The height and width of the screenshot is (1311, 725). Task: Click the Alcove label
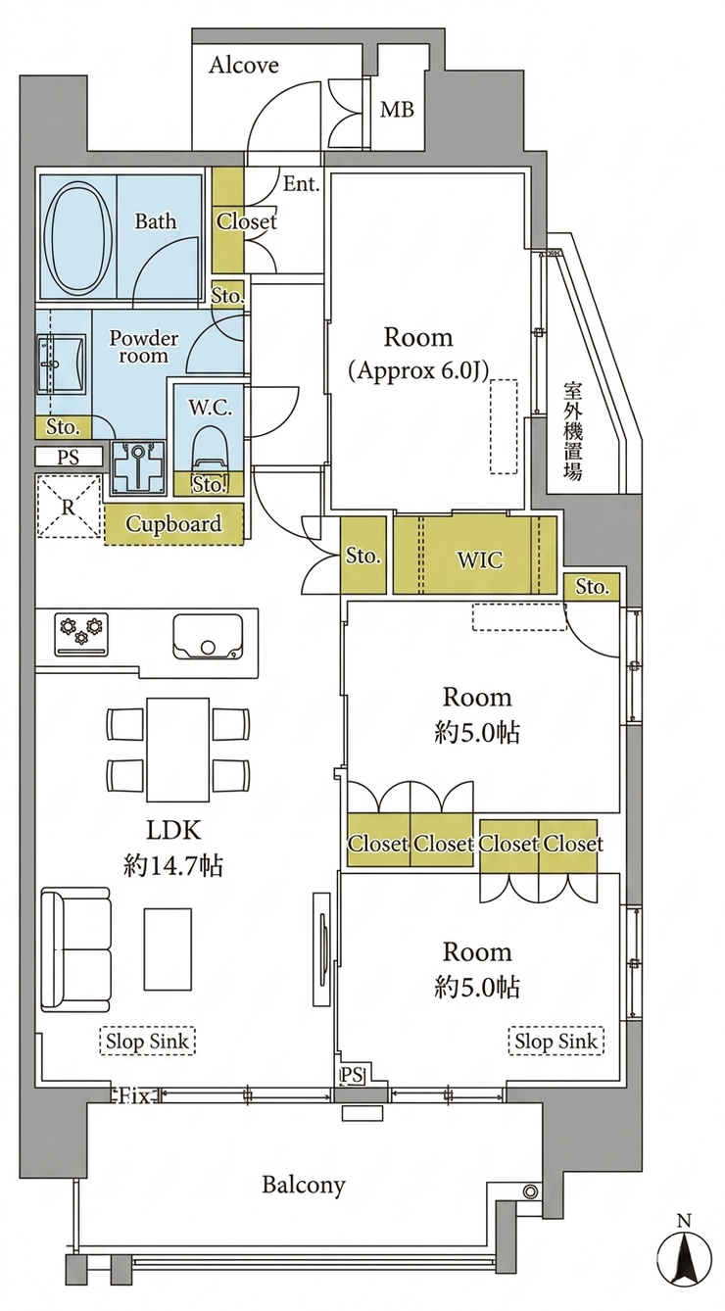(243, 65)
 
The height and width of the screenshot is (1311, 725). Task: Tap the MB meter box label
(397, 110)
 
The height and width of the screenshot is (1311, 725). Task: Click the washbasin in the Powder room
(61, 363)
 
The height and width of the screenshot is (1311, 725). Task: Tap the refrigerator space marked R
(69, 507)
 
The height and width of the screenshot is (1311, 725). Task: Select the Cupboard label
(173, 524)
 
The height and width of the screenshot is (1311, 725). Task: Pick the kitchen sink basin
(208, 637)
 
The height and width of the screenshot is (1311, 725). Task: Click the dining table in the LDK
(178, 750)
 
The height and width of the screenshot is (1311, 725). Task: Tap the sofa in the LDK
(75, 949)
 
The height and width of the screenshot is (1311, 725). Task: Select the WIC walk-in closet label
(480, 560)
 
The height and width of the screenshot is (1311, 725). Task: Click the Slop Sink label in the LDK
(147, 1042)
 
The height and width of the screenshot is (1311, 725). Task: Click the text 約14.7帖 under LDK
(173, 865)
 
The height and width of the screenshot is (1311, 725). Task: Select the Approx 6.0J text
(417, 370)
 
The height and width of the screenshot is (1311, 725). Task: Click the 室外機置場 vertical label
(572, 431)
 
